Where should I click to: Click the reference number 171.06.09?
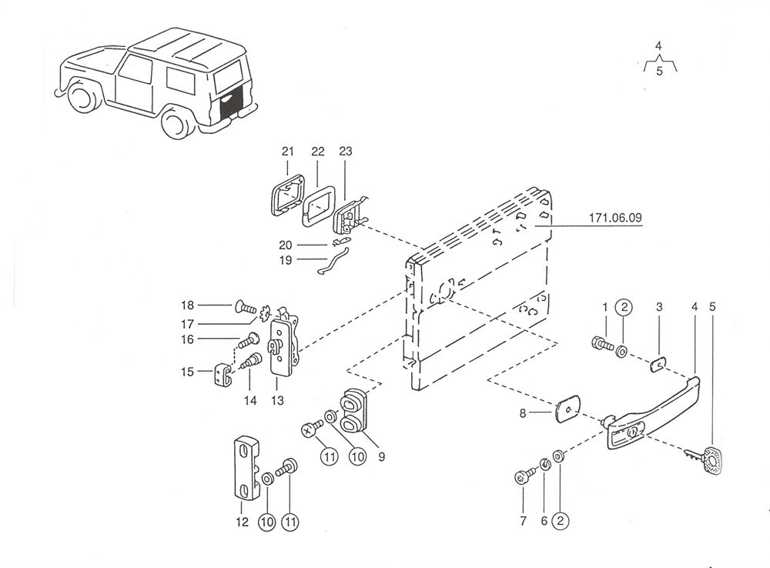(615, 218)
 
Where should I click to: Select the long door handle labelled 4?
(652, 413)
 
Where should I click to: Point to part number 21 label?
(287, 151)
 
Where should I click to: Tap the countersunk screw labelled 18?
(245, 307)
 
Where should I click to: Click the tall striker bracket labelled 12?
(245, 469)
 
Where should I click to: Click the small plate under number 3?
(658, 366)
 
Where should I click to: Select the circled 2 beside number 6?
(561, 520)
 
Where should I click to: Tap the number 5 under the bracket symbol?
(659, 71)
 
